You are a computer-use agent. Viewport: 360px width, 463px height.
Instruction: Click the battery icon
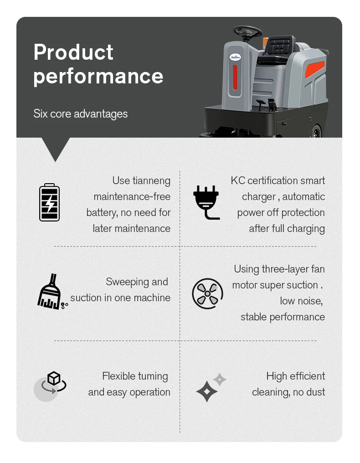point(49,202)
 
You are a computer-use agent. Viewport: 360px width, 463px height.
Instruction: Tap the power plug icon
point(206,202)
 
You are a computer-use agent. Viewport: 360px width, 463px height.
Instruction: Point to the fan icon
point(207,293)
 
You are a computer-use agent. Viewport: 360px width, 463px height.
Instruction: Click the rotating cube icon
point(54,382)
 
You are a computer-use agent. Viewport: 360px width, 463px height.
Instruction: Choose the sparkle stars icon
point(211,387)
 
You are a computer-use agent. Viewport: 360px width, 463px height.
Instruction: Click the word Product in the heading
point(73,52)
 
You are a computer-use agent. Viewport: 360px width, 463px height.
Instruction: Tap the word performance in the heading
point(98,76)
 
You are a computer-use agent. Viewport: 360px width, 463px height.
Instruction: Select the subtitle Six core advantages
point(80,113)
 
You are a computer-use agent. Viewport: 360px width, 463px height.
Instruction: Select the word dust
point(315,392)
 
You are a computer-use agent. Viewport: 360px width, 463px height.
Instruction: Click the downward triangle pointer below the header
point(56,148)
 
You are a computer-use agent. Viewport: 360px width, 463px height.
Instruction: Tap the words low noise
point(301,301)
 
